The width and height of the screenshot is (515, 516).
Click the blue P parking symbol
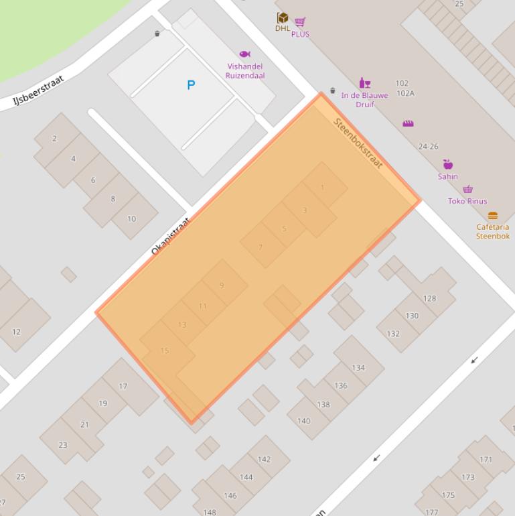[191, 85]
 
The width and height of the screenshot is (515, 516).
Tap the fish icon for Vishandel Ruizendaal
[244, 54]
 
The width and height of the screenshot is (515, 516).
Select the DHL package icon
[283, 18]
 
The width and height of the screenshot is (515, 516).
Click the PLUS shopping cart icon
[299, 22]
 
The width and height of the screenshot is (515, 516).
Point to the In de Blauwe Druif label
[365, 100]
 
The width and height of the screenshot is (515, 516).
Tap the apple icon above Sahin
[448, 165]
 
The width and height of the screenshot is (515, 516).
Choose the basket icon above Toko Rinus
[467, 190]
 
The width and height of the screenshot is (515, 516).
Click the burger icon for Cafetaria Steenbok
[493, 216]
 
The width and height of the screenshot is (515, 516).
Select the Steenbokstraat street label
[358, 143]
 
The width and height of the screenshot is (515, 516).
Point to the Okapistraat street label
[170, 237]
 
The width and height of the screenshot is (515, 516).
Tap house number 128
[429, 298]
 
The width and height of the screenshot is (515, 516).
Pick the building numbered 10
[131, 218]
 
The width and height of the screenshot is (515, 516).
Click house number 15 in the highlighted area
[165, 350]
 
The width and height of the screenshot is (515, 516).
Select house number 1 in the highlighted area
[322, 187]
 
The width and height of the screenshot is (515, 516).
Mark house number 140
[303, 421]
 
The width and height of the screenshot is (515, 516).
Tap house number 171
[486, 459]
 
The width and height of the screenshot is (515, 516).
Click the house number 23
[63, 444]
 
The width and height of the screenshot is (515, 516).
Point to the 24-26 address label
[428, 146]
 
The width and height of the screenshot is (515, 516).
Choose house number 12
[16, 332]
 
